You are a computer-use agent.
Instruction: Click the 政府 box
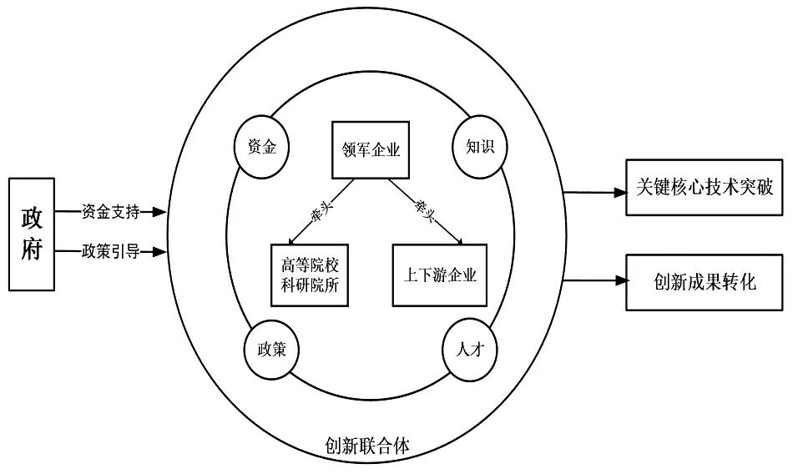(x=32, y=233)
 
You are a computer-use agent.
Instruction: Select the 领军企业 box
(x=371, y=150)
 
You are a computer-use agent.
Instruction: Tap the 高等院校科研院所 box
(x=310, y=275)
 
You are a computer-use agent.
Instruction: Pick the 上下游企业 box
(x=439, y=275)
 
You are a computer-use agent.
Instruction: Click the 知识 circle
(x=479, y=148)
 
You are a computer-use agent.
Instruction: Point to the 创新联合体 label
(x=367, y=446)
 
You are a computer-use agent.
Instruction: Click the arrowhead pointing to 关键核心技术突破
(x=619, y=193)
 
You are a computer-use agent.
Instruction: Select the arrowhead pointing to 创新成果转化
(x=619, y=281)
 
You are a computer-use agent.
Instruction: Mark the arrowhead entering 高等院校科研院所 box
(x=290, y=240)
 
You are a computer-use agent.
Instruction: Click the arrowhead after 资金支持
(x=159, y=212)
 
